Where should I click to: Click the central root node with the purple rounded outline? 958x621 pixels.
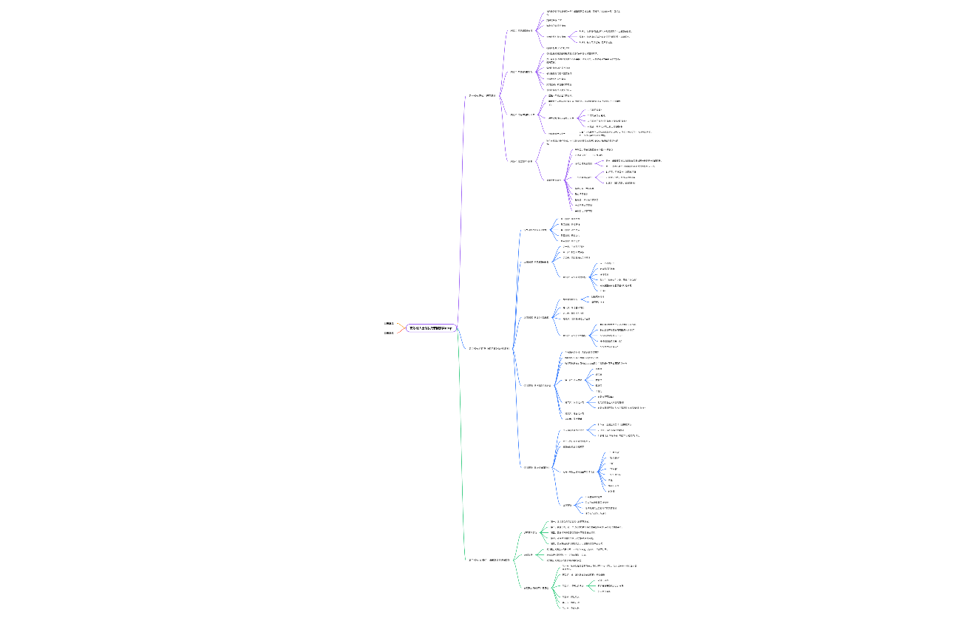tap(432, 328)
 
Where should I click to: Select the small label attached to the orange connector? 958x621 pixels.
tap(389, 324)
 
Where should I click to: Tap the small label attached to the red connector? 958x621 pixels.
tap(389, 333)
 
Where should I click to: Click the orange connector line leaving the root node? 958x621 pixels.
tap(400, 325)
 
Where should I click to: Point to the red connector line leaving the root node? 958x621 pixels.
tap(400, 330)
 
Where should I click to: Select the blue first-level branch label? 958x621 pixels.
tap(489, 347)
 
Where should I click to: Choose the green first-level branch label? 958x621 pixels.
tap(489, 560)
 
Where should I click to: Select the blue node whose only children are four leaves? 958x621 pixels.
tap(567, 505)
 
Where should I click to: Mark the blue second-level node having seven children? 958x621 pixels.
tap(537, 385)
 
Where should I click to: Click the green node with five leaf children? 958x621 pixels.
tap(529, 532)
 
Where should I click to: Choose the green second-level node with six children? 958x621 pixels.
tap(536, 588)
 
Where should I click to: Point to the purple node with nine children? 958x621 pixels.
tap(555, 180)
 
